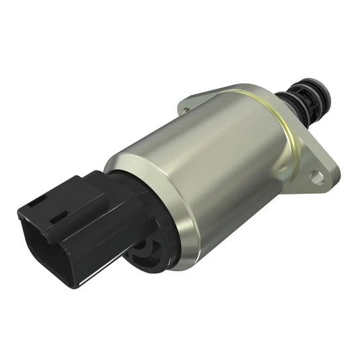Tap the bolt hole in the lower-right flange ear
pos(316,177)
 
